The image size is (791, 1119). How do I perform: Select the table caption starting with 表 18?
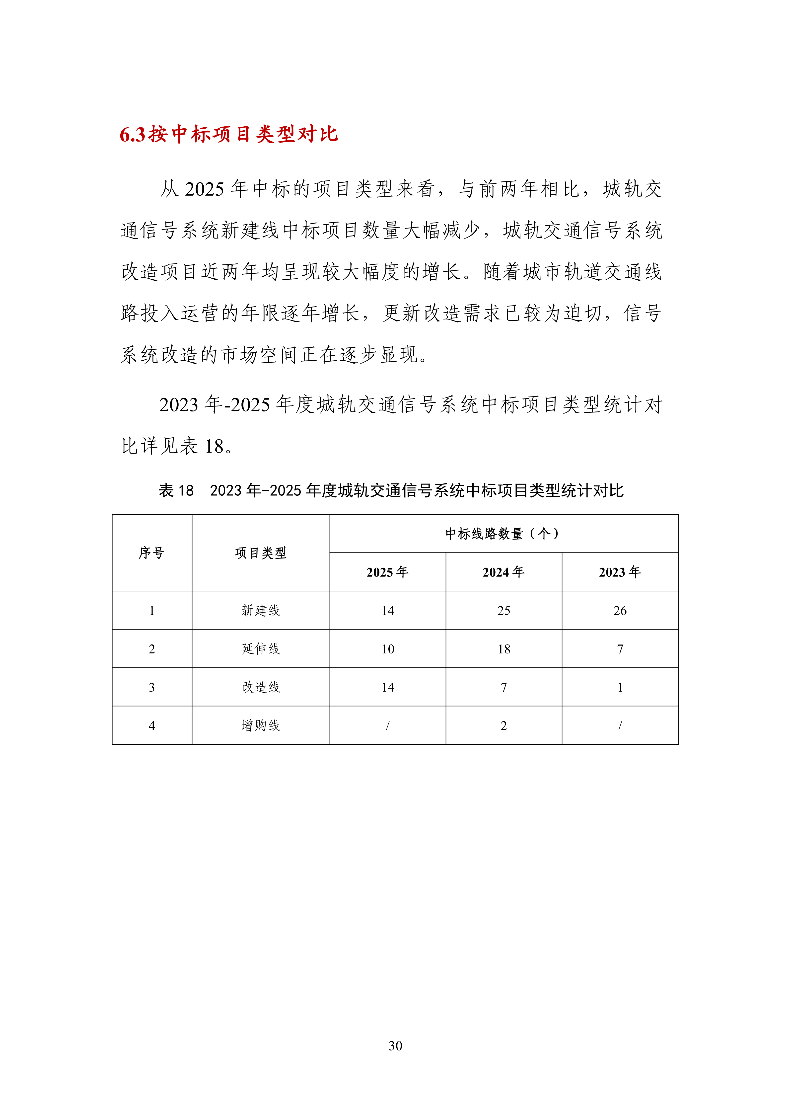[391, 490]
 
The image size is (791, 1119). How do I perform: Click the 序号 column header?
[151, 553]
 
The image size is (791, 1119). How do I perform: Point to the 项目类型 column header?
[261, 553]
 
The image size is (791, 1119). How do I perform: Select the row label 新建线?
[261, 610]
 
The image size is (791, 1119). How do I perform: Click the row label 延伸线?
[261, 649]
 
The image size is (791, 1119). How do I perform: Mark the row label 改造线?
[261, 687]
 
